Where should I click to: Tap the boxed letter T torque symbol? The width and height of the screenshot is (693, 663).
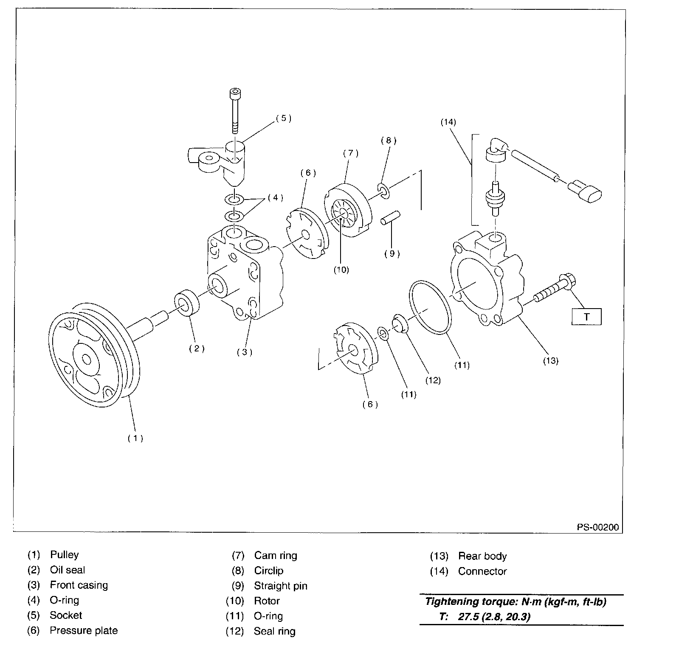tap(586, 317)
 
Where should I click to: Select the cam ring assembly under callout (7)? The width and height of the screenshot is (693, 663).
tap(348, 210)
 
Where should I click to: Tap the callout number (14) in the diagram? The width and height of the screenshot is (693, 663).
tap(448, 122)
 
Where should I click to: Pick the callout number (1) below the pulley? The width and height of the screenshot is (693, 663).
tap(135, 438)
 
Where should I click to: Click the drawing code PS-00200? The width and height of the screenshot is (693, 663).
tap(598, 527)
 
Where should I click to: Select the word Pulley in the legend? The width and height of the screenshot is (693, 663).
tap(65, 555)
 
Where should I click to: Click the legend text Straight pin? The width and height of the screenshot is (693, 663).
tap(281, 586)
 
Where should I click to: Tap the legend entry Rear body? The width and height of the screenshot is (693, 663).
tap(482, 556)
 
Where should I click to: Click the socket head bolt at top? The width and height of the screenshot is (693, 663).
tap(234, 111)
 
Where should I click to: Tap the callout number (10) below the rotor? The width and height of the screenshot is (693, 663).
tap(341, 270)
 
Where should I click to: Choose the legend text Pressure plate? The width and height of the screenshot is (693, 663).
tap(84, 631)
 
